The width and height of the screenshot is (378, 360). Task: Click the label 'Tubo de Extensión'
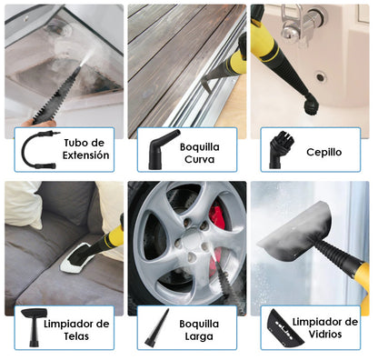[x=87, y=148]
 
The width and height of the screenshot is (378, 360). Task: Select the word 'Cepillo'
[x=323, y=152]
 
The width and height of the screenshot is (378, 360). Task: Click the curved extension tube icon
[x=41, y=148]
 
